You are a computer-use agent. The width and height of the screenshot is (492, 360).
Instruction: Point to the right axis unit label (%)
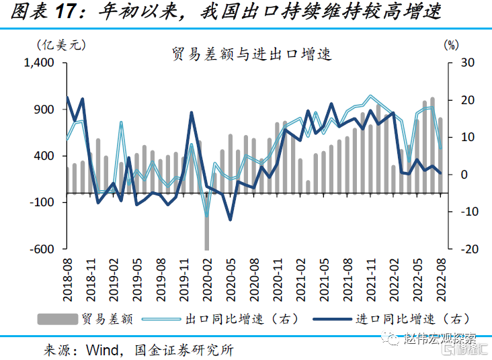[x=451, y=45]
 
